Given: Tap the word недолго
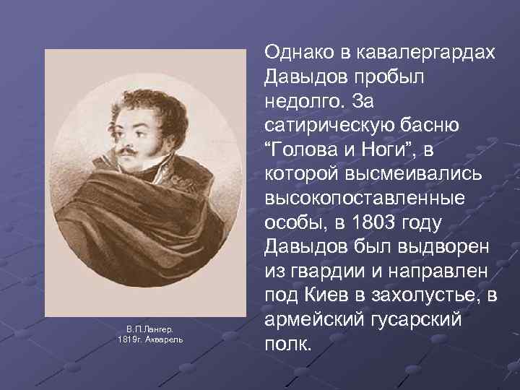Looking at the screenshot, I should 303,100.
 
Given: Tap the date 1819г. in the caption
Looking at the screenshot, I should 130,339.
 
